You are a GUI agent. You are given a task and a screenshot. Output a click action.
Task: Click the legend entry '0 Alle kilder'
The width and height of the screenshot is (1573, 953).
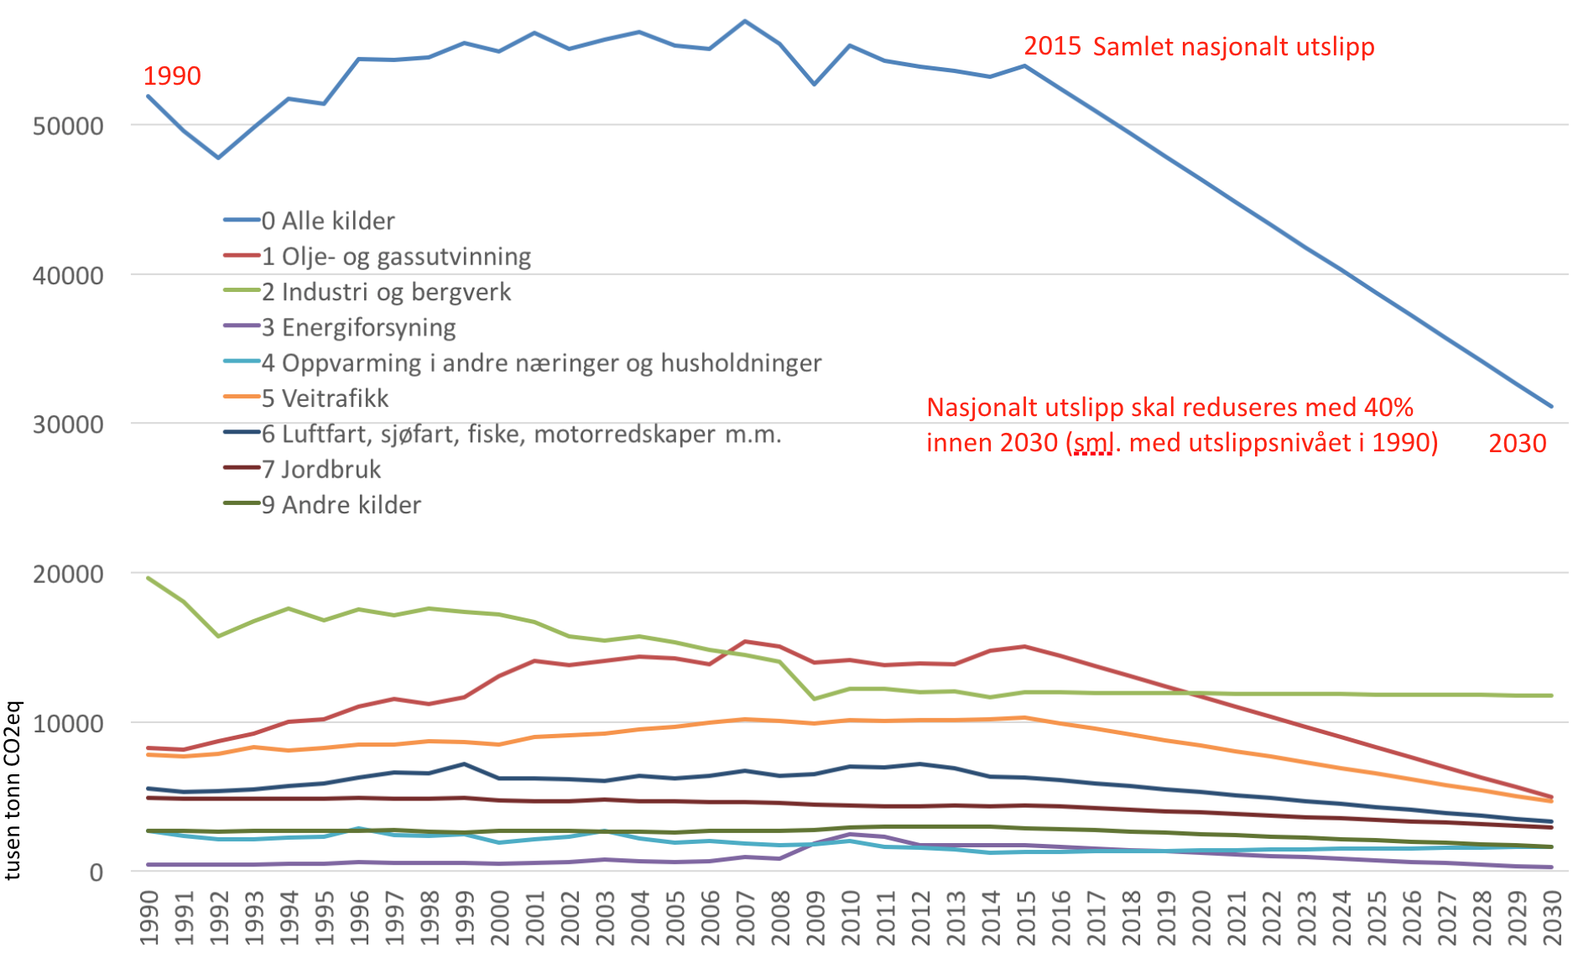point(328,221)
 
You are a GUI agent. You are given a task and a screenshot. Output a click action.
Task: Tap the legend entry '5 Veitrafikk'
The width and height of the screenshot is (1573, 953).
point(325,398)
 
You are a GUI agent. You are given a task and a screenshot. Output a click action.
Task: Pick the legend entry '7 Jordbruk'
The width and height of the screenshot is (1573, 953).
point(321,469)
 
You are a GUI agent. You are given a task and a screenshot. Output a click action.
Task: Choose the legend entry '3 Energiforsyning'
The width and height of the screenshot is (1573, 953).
point(358,327)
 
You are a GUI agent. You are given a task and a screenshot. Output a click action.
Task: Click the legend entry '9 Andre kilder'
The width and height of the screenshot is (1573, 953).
point(341,505)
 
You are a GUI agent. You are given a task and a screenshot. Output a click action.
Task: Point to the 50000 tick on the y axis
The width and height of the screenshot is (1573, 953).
point(68,127)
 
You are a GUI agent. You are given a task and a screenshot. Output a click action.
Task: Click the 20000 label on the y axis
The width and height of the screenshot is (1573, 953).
point(68,575)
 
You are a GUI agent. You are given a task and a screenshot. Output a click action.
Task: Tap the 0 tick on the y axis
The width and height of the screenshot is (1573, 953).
point(96,872)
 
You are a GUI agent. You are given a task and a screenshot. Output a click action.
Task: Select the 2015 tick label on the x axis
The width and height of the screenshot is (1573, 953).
point(1026,918)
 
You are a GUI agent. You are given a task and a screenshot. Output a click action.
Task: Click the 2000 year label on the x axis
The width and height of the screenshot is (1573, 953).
point(500,918)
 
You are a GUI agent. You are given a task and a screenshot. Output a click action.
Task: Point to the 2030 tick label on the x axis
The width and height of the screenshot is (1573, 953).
point(1552,918)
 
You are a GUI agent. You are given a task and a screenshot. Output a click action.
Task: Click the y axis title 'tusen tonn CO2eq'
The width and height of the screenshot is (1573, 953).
point(13,790)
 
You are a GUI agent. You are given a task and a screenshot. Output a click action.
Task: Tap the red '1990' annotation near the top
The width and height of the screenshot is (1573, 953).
point(172,76)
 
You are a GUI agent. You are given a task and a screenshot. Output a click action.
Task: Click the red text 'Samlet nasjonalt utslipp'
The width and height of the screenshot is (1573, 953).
point(1233,47)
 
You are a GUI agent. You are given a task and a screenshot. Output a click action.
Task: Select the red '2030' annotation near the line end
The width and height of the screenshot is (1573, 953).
point(1517,444)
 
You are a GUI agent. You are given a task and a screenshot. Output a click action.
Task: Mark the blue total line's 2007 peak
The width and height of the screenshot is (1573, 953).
point(745,21)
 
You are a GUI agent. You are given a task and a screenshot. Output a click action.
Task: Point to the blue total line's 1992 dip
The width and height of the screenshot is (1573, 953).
point(219,158)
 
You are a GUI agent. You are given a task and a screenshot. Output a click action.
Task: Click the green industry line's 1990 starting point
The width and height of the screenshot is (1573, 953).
point(148,578)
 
